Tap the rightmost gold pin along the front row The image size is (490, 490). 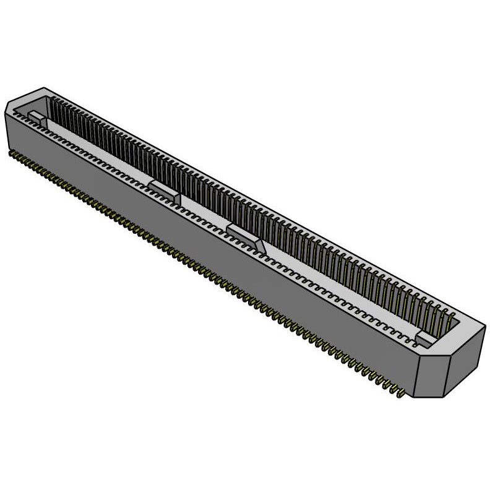[401, 393]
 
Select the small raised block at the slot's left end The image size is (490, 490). [35, 116]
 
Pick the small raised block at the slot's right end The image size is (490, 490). [426, 338]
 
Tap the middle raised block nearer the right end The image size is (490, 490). [246, 236]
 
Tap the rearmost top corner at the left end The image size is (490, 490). [44, 88]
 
